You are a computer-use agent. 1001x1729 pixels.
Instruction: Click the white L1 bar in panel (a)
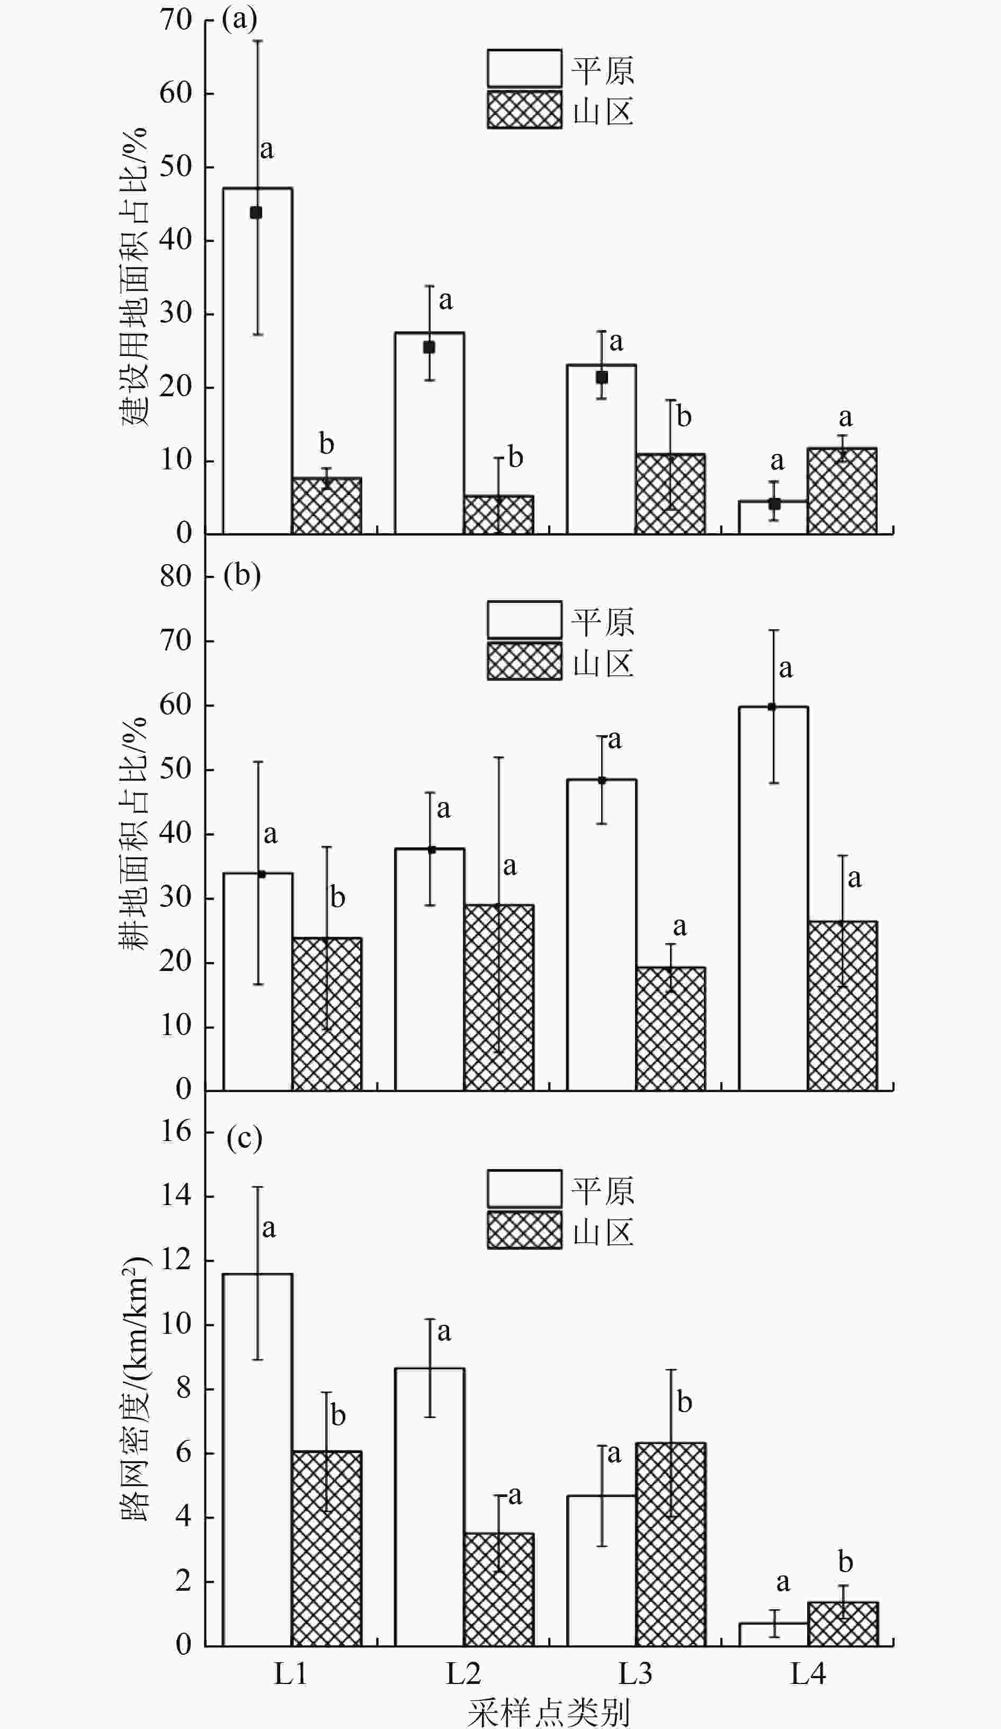257,360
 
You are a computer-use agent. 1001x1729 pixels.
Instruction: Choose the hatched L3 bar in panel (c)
671,1545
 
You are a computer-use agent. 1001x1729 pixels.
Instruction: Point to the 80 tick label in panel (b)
176,576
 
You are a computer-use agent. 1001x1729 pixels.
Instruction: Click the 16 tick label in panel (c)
176,1131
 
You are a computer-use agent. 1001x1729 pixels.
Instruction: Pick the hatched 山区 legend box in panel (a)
525,110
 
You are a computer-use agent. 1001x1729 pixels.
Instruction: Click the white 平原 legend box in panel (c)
525,1189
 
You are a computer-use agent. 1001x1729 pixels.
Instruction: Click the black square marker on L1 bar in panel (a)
256,213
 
